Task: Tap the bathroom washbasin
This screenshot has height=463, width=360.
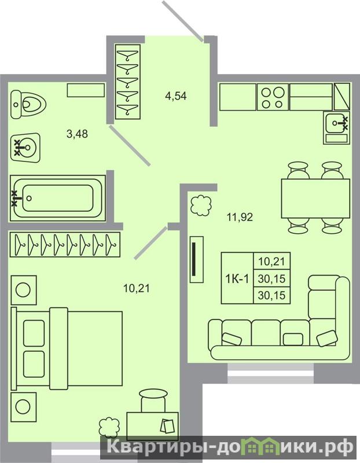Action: tap(25, 148)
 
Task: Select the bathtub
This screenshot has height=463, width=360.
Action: tap(57, 198)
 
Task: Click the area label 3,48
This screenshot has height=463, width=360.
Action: tap(78, 134)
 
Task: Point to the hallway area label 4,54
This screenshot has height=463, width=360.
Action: tap(176, 96)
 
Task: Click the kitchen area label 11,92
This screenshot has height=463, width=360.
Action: tap(240, 218)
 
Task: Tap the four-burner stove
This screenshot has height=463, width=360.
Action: tap(273, 97)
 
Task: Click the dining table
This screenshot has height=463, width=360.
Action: tap(315, 199)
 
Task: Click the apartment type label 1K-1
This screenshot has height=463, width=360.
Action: tap(237, 278)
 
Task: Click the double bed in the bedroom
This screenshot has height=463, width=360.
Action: tap(67, 348)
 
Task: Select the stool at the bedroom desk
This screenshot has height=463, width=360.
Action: tap(153, 400)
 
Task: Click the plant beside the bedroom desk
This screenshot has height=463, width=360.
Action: tap(109, 427)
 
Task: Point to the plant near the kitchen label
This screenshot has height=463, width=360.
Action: tap(201, 205)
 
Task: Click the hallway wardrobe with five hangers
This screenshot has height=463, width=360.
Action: tap(127, 82)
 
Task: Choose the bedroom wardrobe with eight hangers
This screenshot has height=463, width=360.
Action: tap(65, 244)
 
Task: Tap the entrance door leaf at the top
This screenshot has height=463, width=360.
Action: tap(182, 21)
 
